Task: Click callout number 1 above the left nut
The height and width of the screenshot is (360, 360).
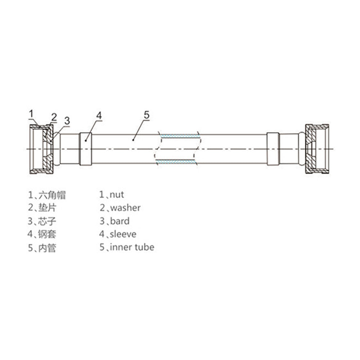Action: click(x=31, y=114)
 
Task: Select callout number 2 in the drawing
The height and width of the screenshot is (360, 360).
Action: click(x=54, y=117)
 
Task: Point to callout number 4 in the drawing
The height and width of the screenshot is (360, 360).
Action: click(x=99, y=116)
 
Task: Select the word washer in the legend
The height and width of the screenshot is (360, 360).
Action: click(x=125, y=208)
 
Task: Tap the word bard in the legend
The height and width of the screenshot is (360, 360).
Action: click(x=120, y=221)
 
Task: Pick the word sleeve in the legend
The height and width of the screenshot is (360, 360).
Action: click(x=123, y=234)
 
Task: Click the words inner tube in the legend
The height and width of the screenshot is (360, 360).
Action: click(x=132, y=247)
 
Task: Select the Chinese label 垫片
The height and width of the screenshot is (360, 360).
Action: click(x=47, y=208)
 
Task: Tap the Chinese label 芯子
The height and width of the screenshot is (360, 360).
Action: click(x=47, y=221)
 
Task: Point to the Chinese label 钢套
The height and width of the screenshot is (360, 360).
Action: click(x=47, y=234)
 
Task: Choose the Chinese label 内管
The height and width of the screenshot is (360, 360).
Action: click(x=47, y=248)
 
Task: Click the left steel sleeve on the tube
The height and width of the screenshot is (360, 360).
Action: click(x=86, y=149)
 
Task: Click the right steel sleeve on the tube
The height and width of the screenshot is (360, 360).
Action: click(x=273, y=149)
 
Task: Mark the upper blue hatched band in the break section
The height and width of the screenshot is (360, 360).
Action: click(x=178, y=136)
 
